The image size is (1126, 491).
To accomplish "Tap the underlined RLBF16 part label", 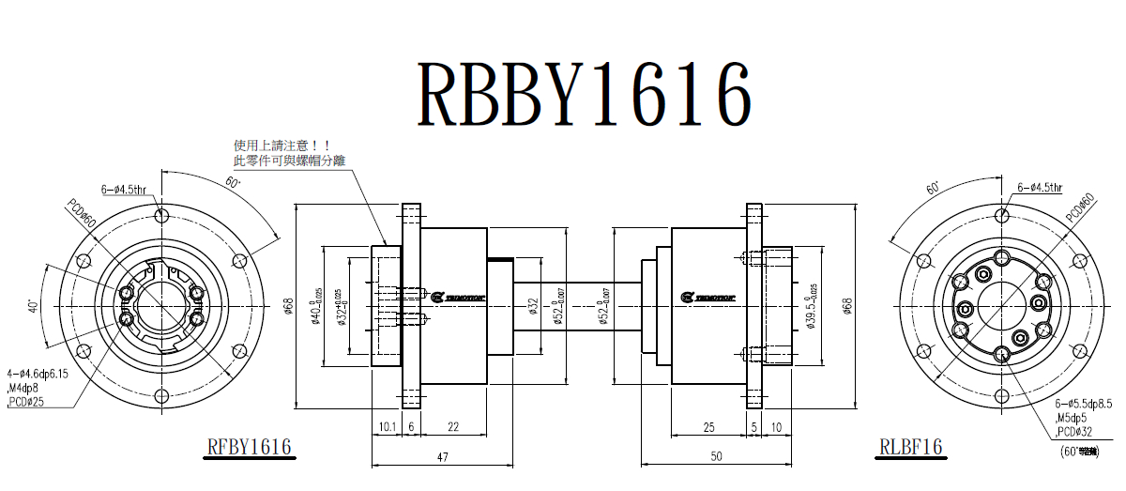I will point(910,446).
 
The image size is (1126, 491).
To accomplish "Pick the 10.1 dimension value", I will point(386,427).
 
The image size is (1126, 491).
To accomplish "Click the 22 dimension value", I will point(452,427).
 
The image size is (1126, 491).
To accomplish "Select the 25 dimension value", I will point(708,427).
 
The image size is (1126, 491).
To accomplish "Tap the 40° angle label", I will point(33,306).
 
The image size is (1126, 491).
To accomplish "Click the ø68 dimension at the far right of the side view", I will point(847,306).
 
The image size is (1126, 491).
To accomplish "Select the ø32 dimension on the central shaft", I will point(533,306).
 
